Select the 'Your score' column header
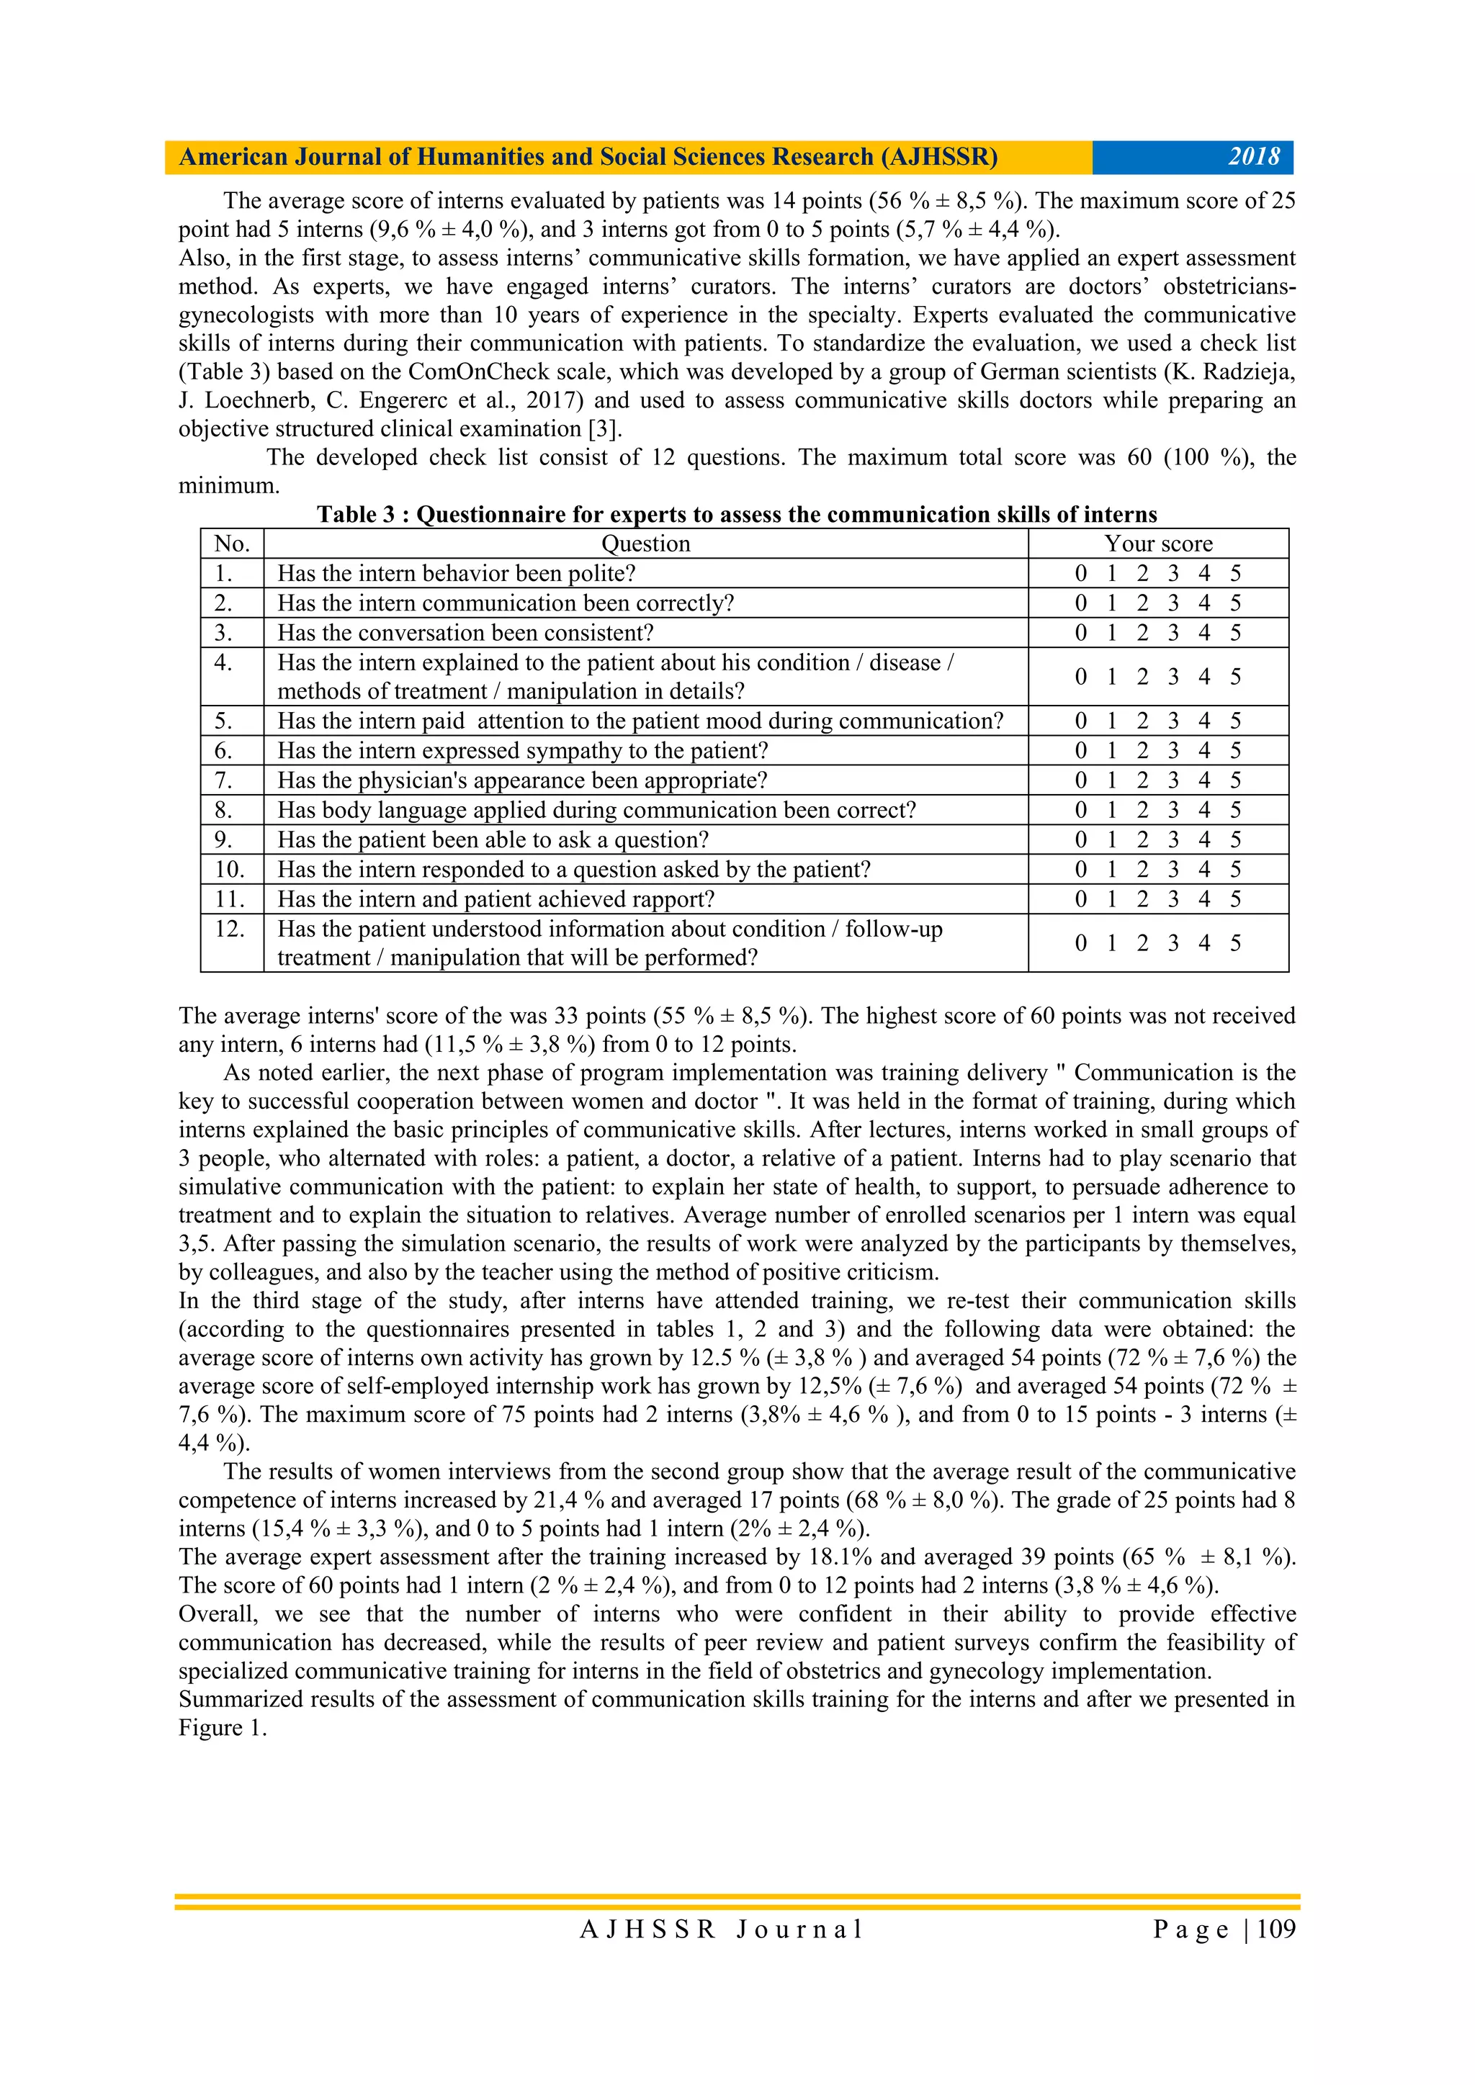(x=1158, y=544)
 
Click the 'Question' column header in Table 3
(x=646, y=544)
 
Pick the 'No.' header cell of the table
(x=232, y=544)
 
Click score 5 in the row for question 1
(x=1235, y=573)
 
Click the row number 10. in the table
(x=230, y=869)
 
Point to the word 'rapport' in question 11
(x=668, y=899)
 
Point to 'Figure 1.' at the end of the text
(x=223, y=1727)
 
